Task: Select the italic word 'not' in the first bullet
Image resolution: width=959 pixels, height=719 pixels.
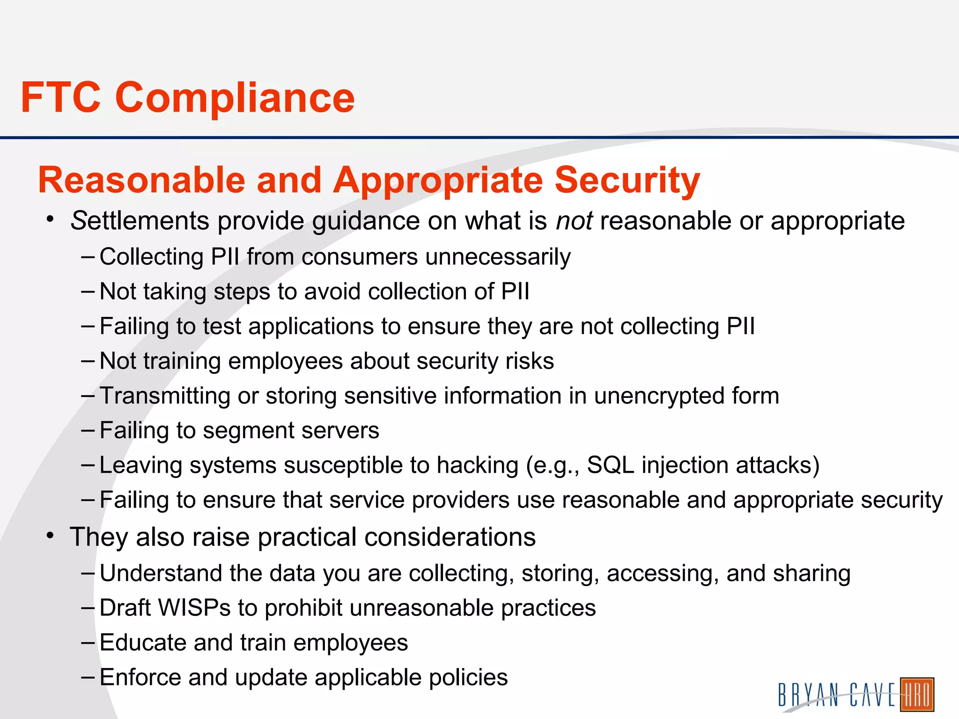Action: coord(575,221)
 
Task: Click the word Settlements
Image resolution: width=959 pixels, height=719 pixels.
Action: coord(140,221)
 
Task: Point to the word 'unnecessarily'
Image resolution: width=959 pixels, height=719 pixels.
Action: coord(498,257)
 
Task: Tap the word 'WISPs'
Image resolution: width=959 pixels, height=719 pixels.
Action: coord(194,608)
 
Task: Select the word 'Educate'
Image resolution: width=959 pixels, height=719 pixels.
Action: coord(143,643)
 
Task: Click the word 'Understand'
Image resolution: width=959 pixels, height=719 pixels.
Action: coord(161,573)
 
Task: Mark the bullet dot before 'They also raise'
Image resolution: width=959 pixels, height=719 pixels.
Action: coord(51,535)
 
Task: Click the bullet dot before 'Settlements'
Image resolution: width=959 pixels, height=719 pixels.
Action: coord(51,219)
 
